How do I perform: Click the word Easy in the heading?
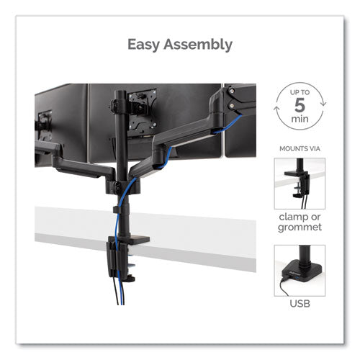(145, 45)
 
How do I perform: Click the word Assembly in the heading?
(198, 45)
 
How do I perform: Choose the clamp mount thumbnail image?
(298, 184)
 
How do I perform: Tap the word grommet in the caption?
(298, 228)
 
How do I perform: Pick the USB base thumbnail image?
(298, 271)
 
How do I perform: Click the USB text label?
(298, 302)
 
